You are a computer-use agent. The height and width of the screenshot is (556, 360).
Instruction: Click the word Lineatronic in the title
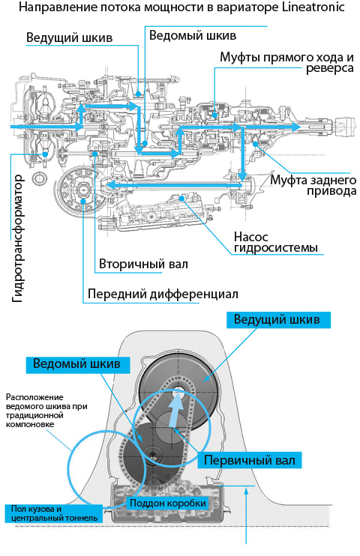click(x=313, y=7)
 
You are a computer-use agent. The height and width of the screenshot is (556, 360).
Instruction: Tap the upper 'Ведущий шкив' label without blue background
click(x=70, y=37)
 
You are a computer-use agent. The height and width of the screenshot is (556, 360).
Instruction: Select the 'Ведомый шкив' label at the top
click(x=193, y=35)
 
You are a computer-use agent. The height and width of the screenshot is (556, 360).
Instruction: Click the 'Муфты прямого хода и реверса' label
click(x=286, y=62)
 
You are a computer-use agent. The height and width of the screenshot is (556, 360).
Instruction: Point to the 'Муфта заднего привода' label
click(x=313, y=185)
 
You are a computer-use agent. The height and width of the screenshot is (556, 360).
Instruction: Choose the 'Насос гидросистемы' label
click(x=276, y=242)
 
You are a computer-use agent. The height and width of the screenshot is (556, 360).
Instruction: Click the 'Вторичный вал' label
click(x=143, y=265)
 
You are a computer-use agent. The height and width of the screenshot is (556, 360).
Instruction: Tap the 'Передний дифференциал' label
click(x=163, y=294)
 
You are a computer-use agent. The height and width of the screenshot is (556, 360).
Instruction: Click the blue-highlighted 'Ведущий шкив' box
click(x=278, y=320)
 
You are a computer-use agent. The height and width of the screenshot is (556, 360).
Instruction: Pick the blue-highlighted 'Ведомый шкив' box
click(x=78, y=364)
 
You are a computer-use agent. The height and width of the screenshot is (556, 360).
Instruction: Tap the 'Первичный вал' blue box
click(x=249, y=460)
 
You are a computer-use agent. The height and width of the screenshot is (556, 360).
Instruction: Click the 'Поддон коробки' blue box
click(x=167, y=503)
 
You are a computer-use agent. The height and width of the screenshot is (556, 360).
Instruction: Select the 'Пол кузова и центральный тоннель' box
click(x=54, y=513)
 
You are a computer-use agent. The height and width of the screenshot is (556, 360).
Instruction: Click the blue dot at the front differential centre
click(x=83, y=202)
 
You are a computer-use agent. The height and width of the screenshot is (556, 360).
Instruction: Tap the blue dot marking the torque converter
click(x=45, y=154)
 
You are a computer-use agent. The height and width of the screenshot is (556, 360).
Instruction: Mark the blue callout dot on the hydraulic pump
click(x=182, y=198)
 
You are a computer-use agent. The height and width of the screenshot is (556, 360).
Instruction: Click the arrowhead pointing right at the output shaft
click(x=296, y=127)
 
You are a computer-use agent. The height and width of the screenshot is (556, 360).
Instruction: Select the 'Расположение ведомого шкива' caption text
click(x=46, y=411)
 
